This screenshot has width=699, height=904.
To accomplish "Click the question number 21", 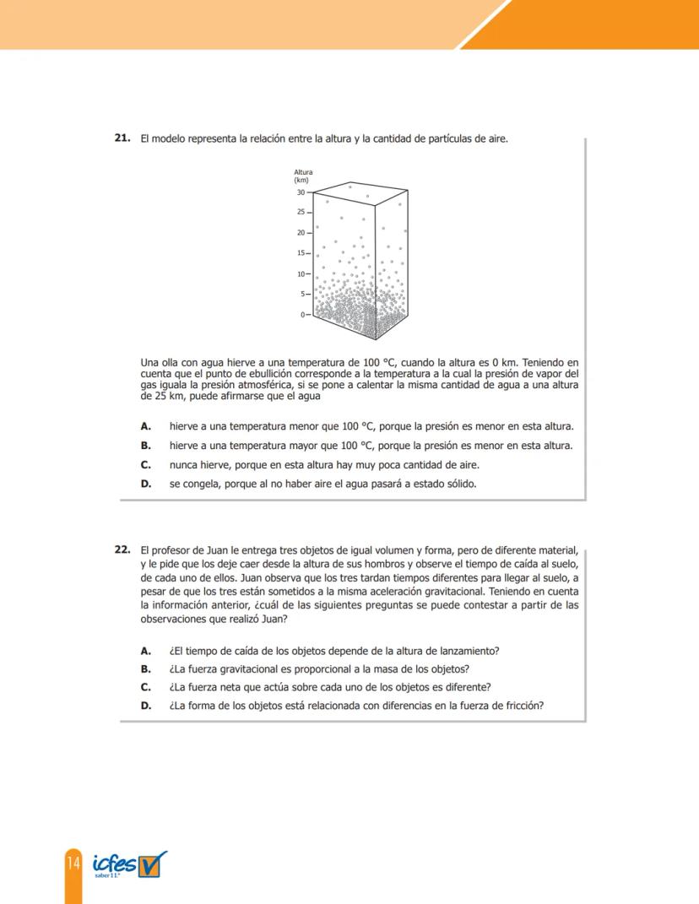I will (121, 137).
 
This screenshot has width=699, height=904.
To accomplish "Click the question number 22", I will (121, 549).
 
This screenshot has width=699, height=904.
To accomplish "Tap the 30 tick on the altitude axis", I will (301, 192).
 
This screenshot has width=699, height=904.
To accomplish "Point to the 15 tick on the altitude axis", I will (301, 253).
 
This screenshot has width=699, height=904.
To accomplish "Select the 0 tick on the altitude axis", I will (304, 315).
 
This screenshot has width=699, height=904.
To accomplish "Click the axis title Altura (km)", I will (302, 176).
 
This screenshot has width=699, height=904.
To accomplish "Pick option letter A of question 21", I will (145, 426).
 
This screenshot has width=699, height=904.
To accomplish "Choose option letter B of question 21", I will (145, 446).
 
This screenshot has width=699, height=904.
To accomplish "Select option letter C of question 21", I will (145, 465).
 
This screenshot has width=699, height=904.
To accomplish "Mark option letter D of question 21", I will (145, 484).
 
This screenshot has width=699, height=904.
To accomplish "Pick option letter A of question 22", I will (145, 650).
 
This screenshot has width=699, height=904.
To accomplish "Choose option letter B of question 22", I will (145, 669).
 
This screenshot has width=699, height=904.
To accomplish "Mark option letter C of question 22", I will (145, 687).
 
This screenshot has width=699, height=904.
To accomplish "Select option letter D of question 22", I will (145, 706).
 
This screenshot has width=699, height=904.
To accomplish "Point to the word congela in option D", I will (200, 484).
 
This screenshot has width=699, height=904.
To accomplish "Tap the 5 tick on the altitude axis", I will (304, 295).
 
